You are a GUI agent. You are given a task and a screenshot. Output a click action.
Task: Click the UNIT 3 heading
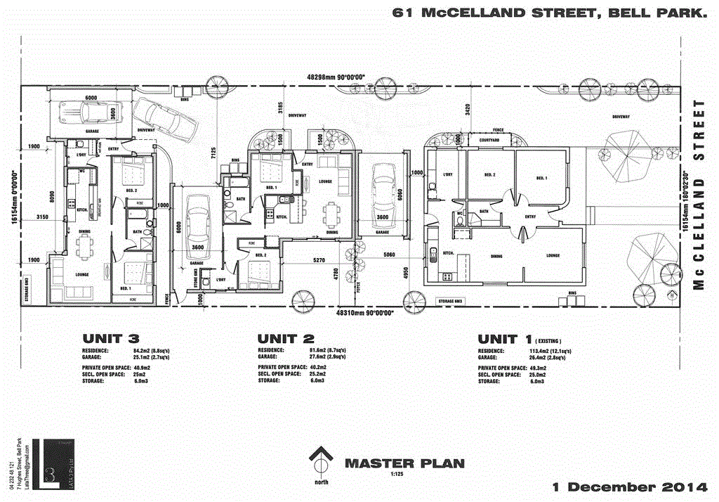[x=112, y=337]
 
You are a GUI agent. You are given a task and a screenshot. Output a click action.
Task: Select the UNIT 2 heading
[x=287, y=337]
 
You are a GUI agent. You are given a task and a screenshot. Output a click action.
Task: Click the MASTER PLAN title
[x=404, y=463]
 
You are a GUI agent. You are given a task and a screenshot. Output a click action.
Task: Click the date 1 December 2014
[x=628, y=487]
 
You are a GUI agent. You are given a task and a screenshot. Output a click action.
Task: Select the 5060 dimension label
[x=390, y=255]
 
